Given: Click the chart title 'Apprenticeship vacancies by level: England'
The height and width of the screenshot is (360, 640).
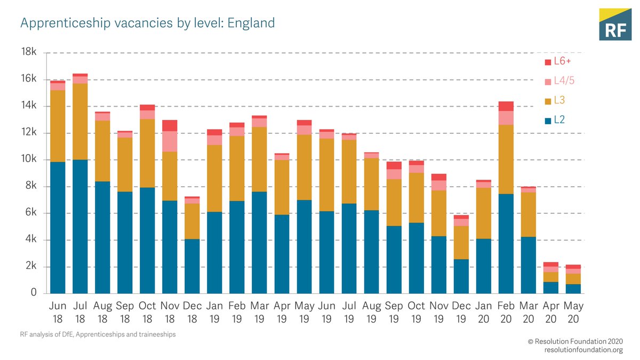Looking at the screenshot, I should pos(148,23).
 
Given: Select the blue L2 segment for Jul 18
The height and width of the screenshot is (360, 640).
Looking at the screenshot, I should pos(80,227).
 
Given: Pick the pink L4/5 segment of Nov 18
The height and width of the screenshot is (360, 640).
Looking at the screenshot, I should pos(170,141).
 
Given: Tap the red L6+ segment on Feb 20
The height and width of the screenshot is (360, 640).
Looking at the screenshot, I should pos(506,106).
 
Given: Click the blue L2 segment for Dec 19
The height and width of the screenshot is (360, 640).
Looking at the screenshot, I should pos(461,276).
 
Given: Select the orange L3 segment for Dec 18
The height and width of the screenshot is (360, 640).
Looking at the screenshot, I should pos(192,221).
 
